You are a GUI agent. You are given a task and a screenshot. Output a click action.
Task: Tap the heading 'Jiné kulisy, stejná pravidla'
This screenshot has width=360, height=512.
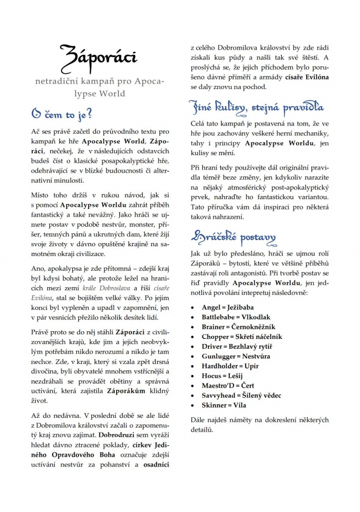[x=257, y=108]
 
